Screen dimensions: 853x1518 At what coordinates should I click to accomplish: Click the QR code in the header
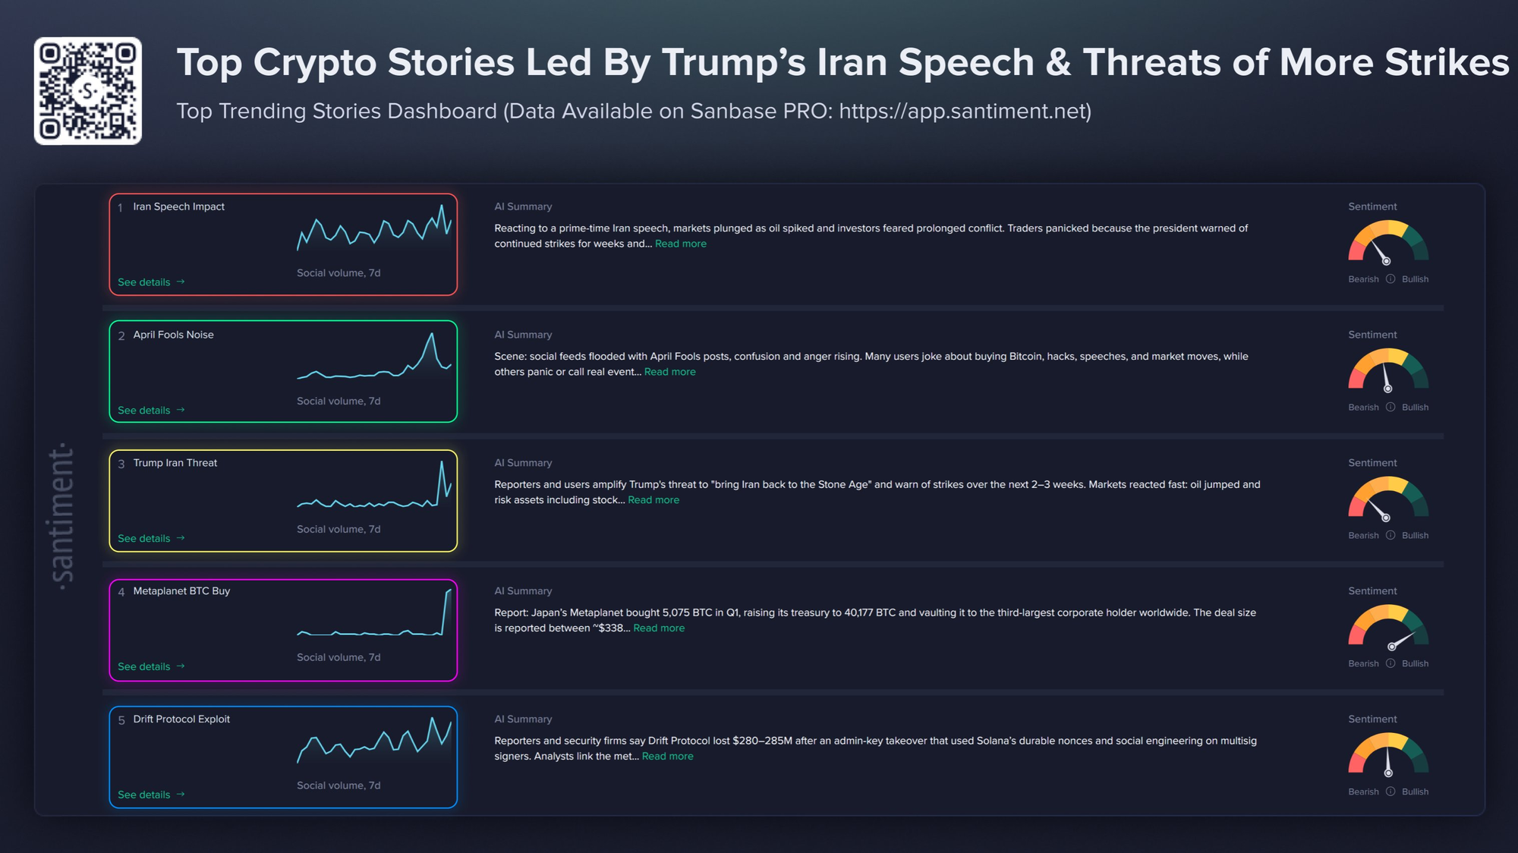(x=88, y=91)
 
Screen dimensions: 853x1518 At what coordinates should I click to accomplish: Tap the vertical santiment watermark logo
(x=62, y=516)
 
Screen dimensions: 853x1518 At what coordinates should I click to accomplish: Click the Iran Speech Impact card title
(x=178, y=206)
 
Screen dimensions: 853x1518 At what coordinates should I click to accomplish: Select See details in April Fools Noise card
(x=144, y=411)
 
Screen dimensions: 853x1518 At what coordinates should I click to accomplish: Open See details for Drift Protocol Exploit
(x=144, y=795)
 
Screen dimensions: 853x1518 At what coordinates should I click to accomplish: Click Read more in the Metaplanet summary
(x=659, y=628)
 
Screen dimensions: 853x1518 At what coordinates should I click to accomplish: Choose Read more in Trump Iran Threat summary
(x=653, y=500)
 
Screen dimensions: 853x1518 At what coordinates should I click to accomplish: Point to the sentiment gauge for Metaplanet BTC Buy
(x=1388, y=628)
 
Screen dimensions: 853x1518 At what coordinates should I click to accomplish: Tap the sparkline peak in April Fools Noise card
(x=432, y=334)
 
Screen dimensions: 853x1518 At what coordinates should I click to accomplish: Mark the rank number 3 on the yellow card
(x=121, y=464)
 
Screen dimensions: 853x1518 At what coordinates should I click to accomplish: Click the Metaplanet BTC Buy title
(x=181, y=591)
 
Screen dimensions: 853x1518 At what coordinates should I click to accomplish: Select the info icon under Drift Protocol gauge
(x=1390, y=792)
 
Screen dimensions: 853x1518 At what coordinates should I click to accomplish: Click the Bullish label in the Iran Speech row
(x=1415, y=279)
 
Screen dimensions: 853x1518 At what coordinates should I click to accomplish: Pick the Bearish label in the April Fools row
(x=1363, y=408)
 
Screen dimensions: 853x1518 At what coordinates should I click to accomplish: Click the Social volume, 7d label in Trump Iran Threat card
(x=339, y=530)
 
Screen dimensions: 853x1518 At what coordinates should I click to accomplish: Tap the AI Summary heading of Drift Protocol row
(x=523, y=719)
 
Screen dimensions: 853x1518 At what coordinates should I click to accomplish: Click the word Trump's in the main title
(x=733, y=62)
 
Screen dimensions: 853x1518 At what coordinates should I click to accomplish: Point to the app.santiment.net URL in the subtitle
(x=965, y=112)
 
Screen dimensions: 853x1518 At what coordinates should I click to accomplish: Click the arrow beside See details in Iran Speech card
(x=181, y=282)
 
